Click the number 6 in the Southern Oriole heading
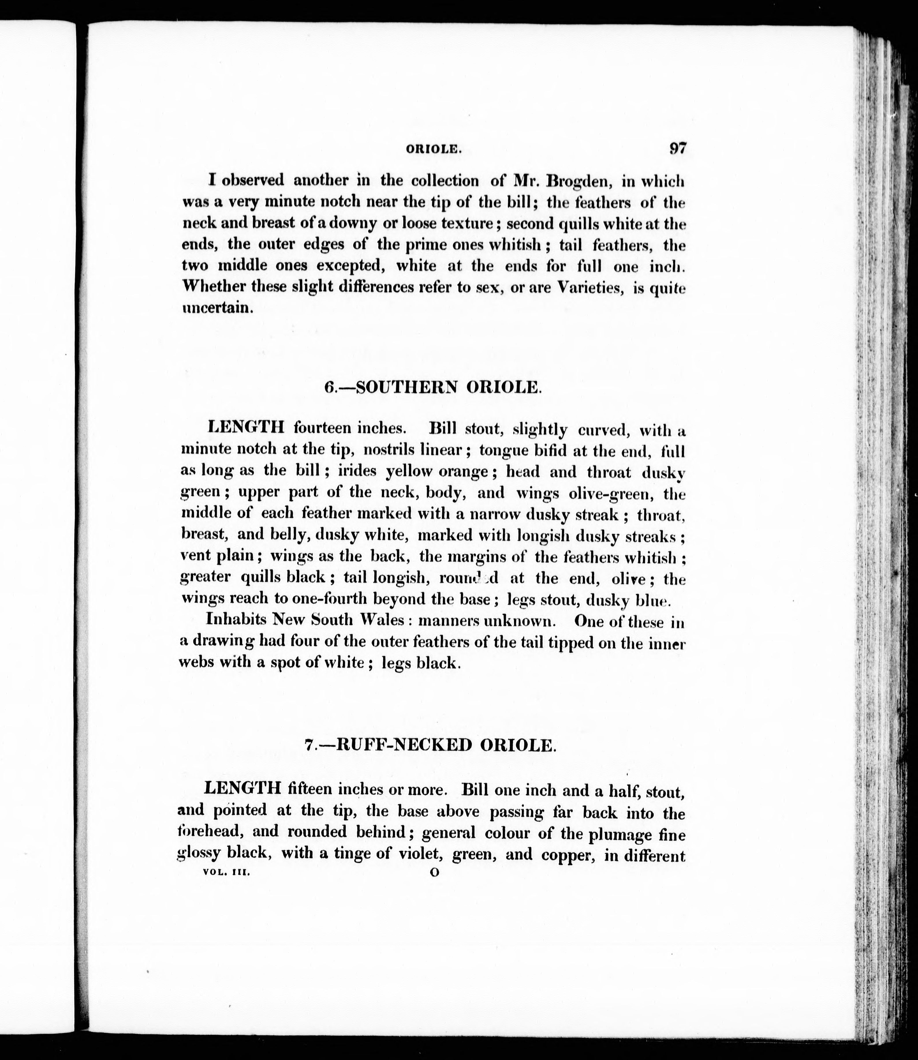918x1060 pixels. click(x=329, y=387)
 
